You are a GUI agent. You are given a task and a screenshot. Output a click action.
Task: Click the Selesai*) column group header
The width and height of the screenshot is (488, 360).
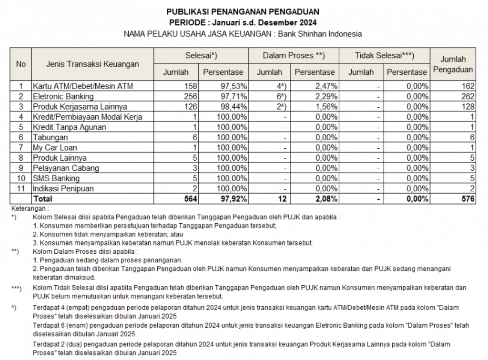[201, 56]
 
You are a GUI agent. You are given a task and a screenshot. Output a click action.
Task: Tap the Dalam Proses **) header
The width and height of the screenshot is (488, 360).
[293, 56]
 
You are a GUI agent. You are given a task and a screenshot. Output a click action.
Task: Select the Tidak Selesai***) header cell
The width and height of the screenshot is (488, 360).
[384, 56]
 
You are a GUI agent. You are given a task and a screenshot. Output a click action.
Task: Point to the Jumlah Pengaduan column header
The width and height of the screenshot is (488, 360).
[453, 64]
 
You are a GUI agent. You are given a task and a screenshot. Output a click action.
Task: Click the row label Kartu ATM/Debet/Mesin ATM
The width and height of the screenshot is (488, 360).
[83, 86]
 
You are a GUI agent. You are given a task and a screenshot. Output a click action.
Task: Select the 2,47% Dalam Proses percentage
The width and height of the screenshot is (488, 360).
[326, 86]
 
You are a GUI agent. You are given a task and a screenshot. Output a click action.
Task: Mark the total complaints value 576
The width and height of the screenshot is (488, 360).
[468, 199]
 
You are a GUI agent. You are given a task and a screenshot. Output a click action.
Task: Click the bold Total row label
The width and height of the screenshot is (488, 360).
[43, 199]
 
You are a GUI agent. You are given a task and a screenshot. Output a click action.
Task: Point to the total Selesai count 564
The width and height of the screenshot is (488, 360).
[189, 199]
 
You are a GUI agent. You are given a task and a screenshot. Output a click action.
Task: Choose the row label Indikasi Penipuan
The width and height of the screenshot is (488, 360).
[63, 188]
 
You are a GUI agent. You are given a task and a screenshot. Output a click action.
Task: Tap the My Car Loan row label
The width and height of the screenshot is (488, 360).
[55, 147]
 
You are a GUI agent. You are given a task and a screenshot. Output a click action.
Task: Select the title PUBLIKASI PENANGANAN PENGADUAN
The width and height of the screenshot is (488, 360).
[243, 11]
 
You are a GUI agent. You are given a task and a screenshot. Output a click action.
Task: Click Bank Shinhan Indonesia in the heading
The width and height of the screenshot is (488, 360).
[320, 34]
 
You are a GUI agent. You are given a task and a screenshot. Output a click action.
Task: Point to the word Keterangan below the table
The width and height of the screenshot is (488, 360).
[29, 208]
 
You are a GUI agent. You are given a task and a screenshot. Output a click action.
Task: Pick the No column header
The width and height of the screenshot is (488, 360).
[21, 64]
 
